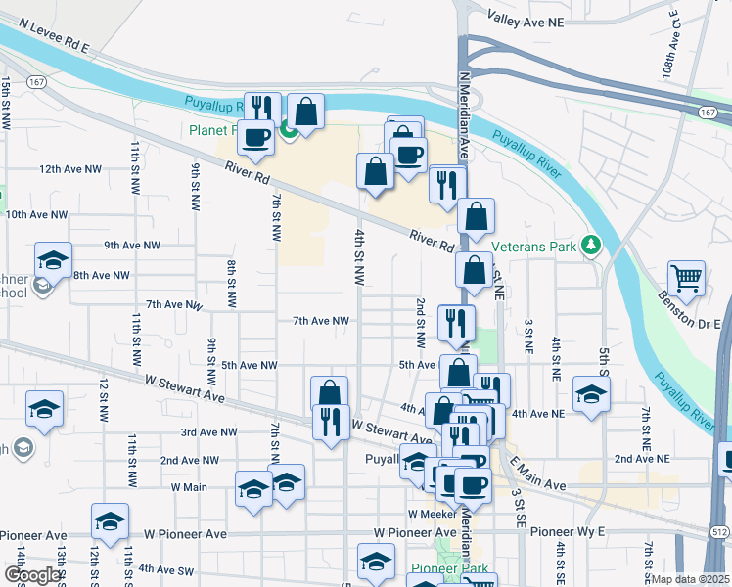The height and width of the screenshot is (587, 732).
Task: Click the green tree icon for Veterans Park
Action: (590, 245)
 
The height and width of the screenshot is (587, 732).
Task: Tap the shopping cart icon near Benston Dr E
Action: (687, 278)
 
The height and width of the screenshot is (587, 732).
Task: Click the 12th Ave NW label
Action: (70, 169)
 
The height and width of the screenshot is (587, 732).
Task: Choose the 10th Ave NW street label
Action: (37, 214)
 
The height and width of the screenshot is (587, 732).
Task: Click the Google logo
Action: (32, 575)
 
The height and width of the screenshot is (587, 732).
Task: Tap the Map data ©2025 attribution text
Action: (692, 579)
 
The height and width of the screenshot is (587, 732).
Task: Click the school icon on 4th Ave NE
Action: (591, 393)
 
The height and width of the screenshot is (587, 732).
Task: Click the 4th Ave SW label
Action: (168, 568)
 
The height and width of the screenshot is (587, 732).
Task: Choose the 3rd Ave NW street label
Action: (209, 431)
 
